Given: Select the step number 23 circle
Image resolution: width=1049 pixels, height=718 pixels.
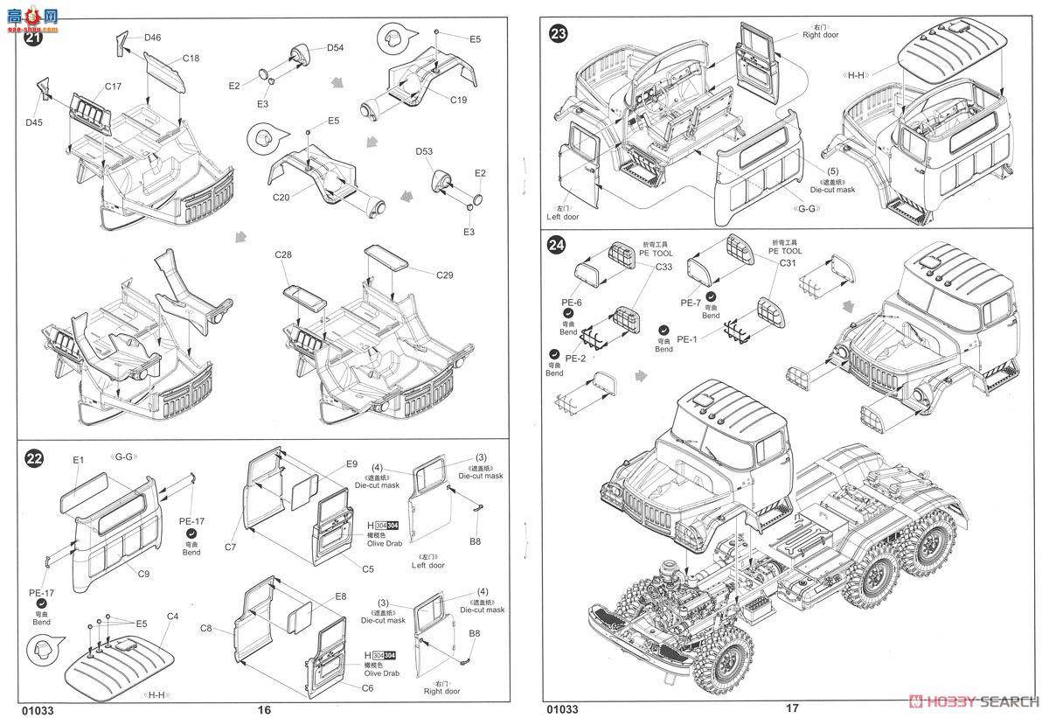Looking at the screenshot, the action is click(558, 34).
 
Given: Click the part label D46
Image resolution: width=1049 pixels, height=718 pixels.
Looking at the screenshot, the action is click(153, 37).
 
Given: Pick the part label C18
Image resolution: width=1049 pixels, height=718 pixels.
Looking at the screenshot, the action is click(191, 59).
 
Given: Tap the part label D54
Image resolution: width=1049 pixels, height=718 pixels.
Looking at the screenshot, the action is click(336, 47).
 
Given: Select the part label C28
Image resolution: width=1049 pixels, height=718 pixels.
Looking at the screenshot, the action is click(282, 254).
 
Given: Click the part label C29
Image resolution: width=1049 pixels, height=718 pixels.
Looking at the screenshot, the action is click(445, 275).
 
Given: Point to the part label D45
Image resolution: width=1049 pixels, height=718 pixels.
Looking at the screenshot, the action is click(33, 122).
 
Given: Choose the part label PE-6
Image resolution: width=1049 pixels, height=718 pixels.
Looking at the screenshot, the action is click(573, 303).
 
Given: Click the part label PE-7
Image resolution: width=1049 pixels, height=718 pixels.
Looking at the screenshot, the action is click(691, 303).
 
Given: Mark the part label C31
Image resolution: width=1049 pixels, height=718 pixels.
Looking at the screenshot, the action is click(787, 262).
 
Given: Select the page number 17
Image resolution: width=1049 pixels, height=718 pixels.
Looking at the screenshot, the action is click(791, 708).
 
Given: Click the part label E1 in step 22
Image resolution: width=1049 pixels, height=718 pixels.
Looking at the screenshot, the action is click(78, 459).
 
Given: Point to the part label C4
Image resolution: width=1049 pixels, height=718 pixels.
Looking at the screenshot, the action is click(172, 617).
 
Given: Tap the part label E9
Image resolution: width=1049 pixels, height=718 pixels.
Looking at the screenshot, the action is click(351, 464).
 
